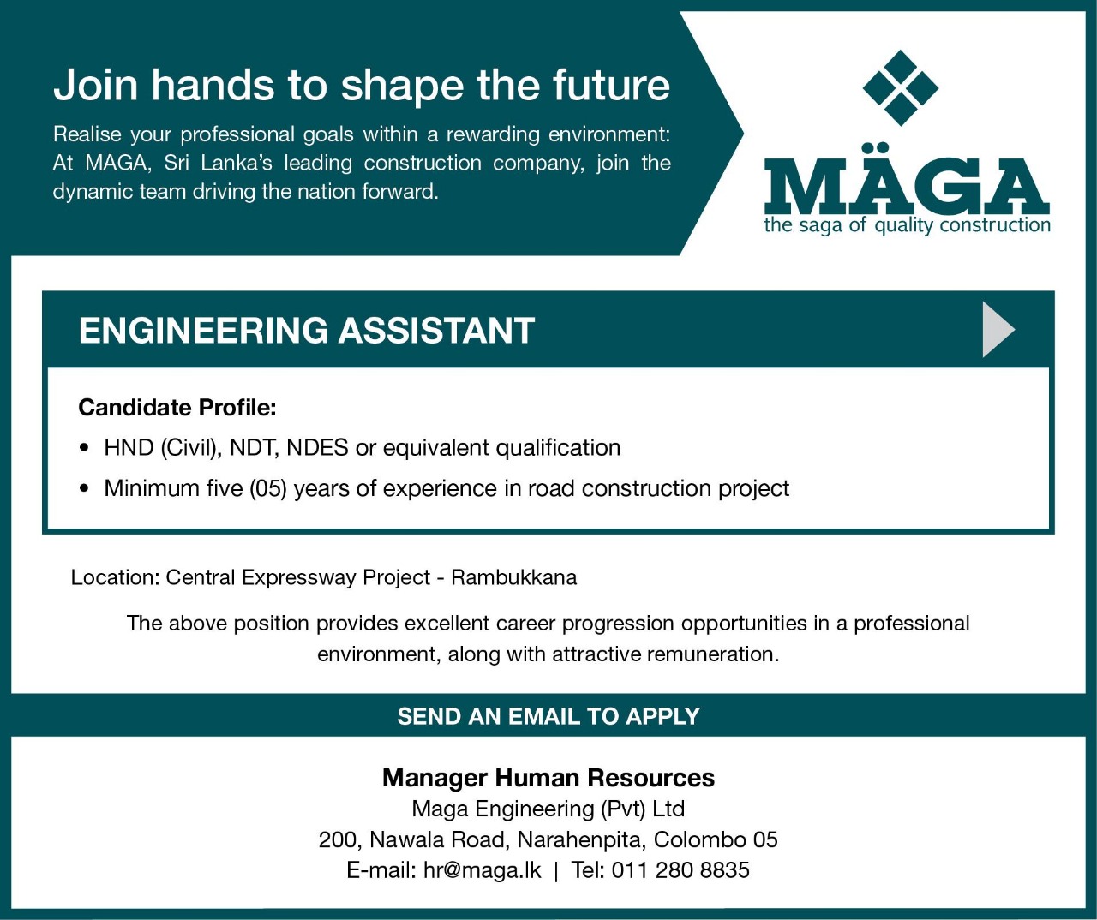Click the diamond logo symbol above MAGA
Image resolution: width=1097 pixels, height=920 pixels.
[x=901, y=87]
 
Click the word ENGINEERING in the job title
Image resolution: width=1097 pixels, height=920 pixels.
[x=204, y=331]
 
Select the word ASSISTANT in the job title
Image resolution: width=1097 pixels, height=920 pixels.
[x=436, y=331]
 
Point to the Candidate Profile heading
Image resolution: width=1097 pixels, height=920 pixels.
[x=177, y=408]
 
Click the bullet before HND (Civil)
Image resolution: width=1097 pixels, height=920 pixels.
[x=84, y=449]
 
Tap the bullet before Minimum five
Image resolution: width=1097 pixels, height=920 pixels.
[x=84, y=489]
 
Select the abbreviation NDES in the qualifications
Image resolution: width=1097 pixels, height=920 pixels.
[x=317, y=447]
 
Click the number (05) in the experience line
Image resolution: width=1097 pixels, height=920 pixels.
[x=268, y=488]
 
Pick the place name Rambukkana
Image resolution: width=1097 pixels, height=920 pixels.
[x=514, y=577]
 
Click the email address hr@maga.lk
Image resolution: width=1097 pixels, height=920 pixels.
[x=482, y=870]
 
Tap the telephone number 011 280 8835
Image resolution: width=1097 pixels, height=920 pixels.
[x=680, y=870]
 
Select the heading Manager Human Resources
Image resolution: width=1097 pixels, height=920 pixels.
[x=548, y=778]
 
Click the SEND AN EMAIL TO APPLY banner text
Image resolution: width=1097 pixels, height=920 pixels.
[x=548, y=716]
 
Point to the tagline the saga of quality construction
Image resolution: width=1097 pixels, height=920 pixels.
[x=908, y=226]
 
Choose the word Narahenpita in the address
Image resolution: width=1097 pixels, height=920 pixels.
[x=580, y=840]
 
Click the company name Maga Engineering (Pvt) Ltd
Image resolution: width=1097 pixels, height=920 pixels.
[x=548, y=809]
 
